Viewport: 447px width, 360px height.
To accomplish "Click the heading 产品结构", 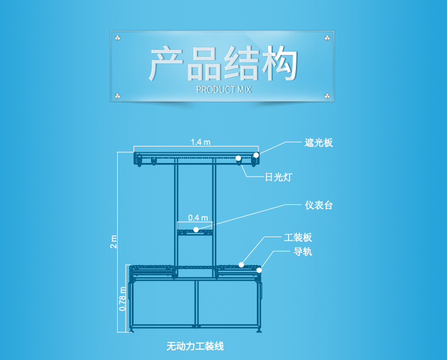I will (x=223, y=65).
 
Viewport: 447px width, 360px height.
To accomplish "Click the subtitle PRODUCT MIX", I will (x=223, y=89).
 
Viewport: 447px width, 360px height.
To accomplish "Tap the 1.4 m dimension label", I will (x=200, y=142).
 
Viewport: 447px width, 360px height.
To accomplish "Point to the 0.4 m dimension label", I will (x=198, y=217).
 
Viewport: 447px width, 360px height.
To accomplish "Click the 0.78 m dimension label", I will (x=122, y=299).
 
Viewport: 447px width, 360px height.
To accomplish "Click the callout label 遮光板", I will (x=318, y=143).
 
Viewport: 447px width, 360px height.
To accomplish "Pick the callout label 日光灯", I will (x=278, y=177).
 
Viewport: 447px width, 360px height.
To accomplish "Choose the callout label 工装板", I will (x=298, y=238).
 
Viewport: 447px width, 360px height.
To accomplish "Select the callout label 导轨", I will (x=302, y=252).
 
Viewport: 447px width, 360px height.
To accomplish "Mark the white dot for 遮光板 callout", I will (x=256, y=155).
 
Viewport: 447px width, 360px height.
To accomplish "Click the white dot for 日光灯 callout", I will (x=239, y=158).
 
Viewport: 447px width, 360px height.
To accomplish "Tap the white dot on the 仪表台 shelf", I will (x=196, y=229).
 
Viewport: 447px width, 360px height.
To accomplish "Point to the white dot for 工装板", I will (x=242, y=264).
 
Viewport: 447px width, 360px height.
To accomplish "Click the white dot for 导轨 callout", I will (x=259, y=270).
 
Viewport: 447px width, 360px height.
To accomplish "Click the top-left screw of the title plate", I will (x=118, y=38).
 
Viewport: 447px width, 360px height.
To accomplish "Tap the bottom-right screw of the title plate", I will (x=327, y=95).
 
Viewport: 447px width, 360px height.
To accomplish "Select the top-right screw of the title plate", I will (x=327, y=38).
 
